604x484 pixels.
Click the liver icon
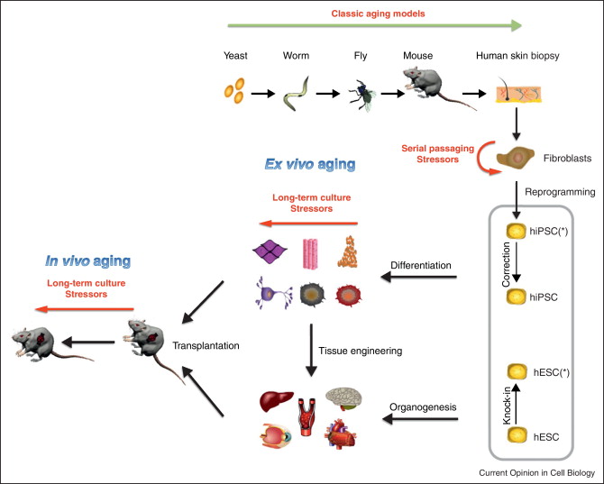pyautogui.click(x=276, y=400)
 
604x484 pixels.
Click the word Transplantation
pyautogui.click(x=198, y=343)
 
